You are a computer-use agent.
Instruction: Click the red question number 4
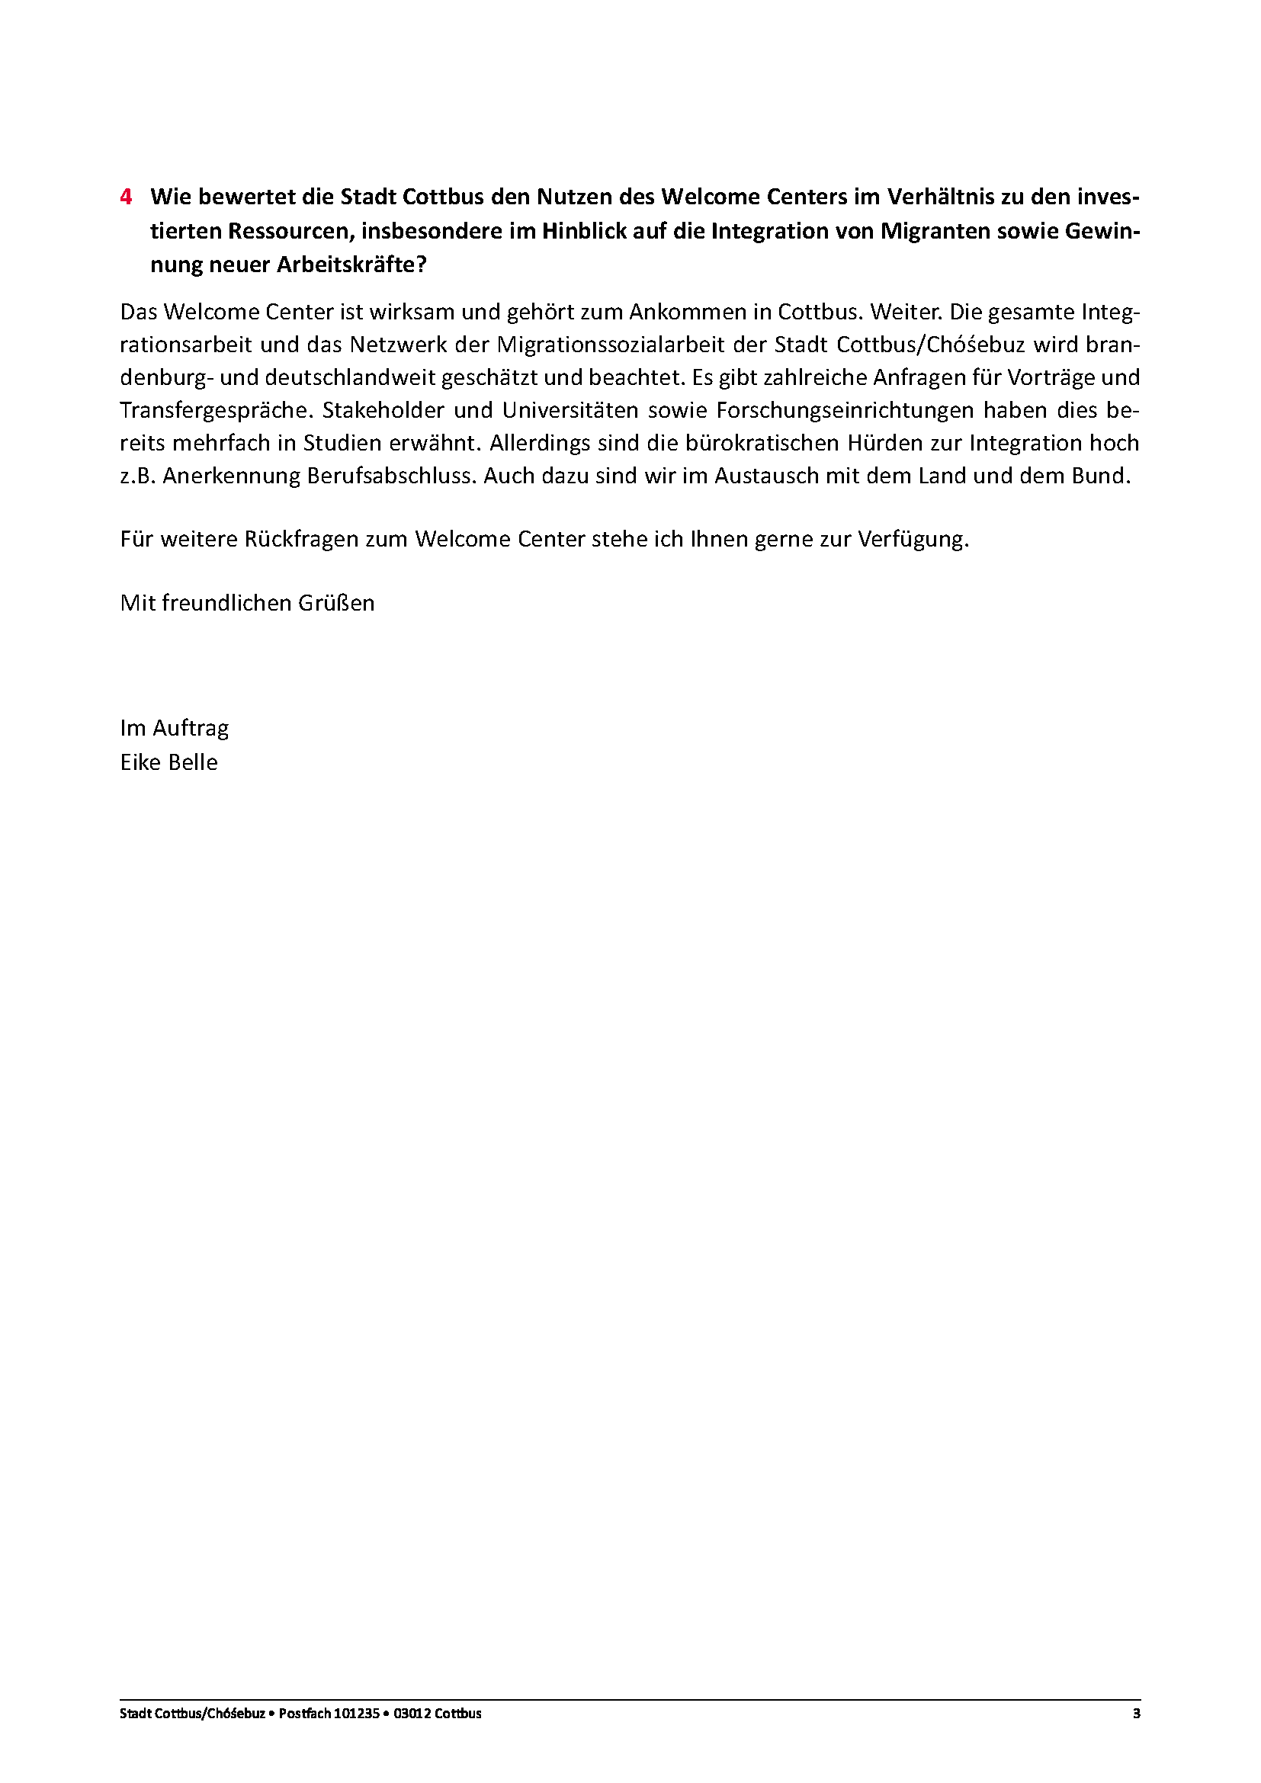pyautogui.click(x=126, y=197)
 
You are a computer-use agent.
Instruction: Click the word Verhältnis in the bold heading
pyautogui.click(x=939, y=197)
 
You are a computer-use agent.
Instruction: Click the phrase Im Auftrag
pyautogui.click(x=174, y=729)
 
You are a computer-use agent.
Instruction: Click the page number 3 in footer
pyautogui.click(x=1136, y=1714)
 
